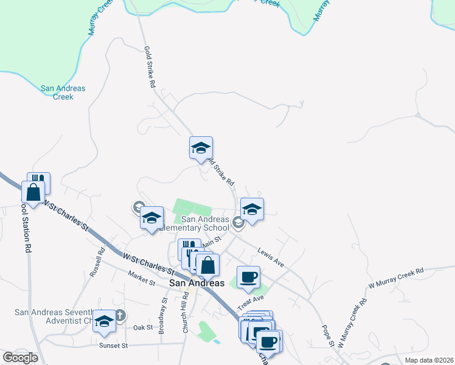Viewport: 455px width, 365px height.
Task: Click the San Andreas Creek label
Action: tap(63, 92)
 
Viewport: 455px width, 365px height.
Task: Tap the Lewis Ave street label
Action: tap(271, 257)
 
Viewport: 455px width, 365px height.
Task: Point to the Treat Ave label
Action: tap(251, 302)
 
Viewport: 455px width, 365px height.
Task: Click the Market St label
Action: tap(142, 280)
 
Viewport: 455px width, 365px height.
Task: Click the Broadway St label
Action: tap(162, 316)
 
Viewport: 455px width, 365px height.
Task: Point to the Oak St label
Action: tap(143, 327)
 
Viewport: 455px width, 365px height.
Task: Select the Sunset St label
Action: tap(114, 346)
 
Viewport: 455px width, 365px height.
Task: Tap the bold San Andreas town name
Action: tap(197, 283)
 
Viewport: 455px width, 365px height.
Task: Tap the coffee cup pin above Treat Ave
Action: tap(248, 277)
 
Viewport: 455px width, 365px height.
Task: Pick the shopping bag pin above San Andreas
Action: tap(208, 265)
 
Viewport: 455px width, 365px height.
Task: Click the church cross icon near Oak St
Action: tap(120, 315)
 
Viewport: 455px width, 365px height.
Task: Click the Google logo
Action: tap(20, 358)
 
